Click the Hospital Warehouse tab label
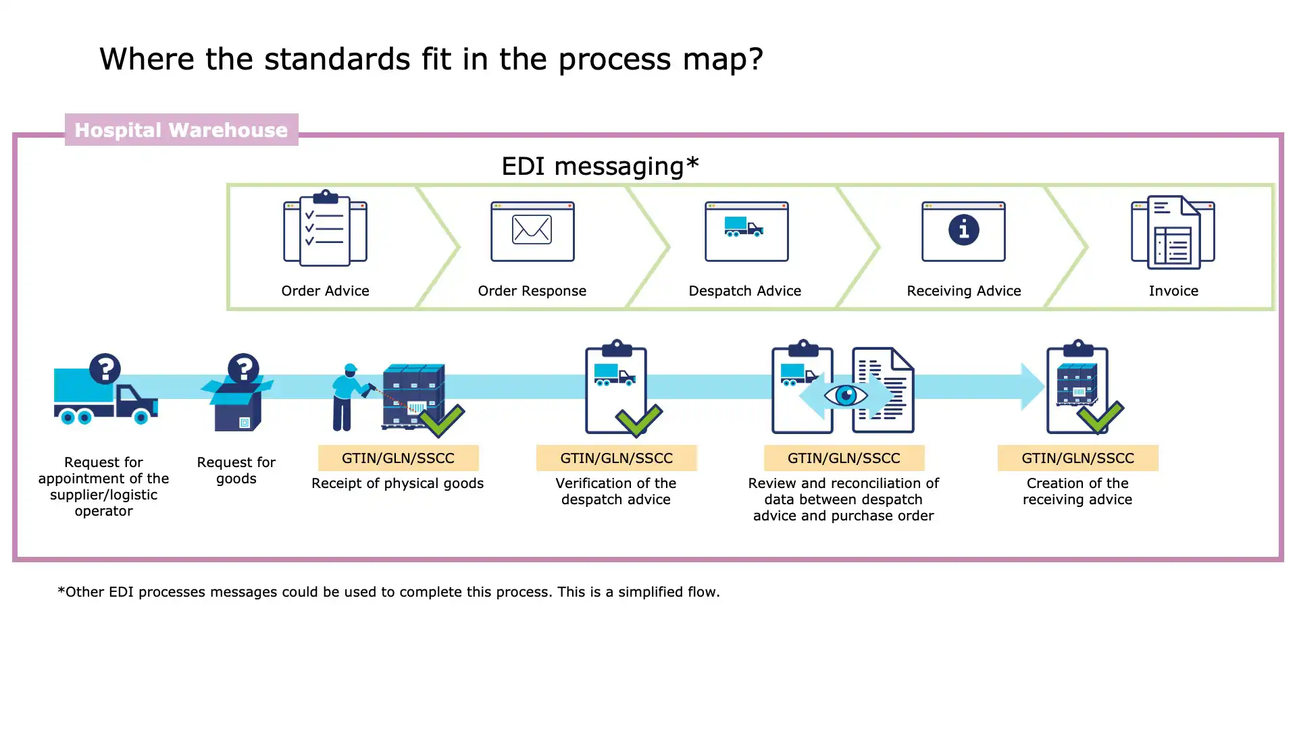(181, 130)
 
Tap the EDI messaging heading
(600, 166)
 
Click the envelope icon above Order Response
(532, 230)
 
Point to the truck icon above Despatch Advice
(744, 227)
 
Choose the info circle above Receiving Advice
(963, 230)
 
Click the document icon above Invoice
(1173, 232)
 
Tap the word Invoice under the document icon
(1173, 291)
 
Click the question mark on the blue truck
(105, 369)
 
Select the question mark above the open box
(243, 369)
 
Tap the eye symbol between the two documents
(846, 395)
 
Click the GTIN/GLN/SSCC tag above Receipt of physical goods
(398, 458)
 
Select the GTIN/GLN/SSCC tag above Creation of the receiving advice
(1077, 458)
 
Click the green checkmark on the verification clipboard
(638, 420)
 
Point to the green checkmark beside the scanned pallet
(442, 420)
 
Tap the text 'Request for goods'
(236, 470)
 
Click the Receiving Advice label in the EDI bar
(963, 291)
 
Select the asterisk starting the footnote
(61, 591)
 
